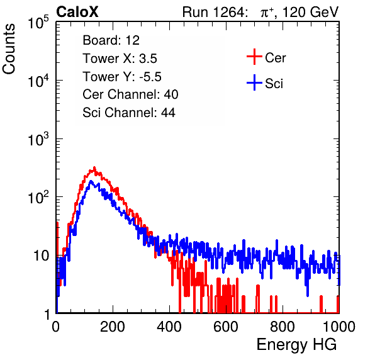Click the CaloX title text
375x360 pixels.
(x=77, y=12)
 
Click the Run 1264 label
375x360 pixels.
(x=213, y=12)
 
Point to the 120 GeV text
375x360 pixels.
(x=311, y=12)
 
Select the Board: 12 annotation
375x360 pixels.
(x=111, y=40)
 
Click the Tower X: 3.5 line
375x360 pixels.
(x=120, y=59)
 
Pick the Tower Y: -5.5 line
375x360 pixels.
(x=122, y=77)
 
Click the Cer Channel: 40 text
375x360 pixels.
(x=130, y=94)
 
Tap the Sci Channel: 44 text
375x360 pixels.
(x=129, y=113)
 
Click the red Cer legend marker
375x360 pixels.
(x=254, y=57)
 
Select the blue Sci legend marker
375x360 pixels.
(x=254, y=83)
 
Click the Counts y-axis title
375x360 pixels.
(x=9, y=49)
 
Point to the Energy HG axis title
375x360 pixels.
(x=296, y=345)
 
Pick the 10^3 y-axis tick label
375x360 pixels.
(x=38, y=139)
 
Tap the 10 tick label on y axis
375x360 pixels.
(x=41, y=256)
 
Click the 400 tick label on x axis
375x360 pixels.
(x=169, y=327)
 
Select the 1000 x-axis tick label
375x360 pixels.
(x=339, y=327)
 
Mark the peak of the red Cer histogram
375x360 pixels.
(x=94, y=167)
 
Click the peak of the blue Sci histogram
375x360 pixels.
(x=91, y=181)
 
